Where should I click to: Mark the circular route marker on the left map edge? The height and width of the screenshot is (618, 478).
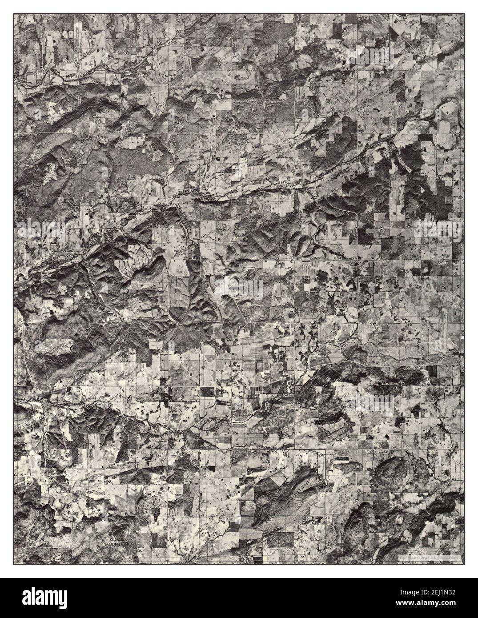pyautogui.click(x=20, y=320)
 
